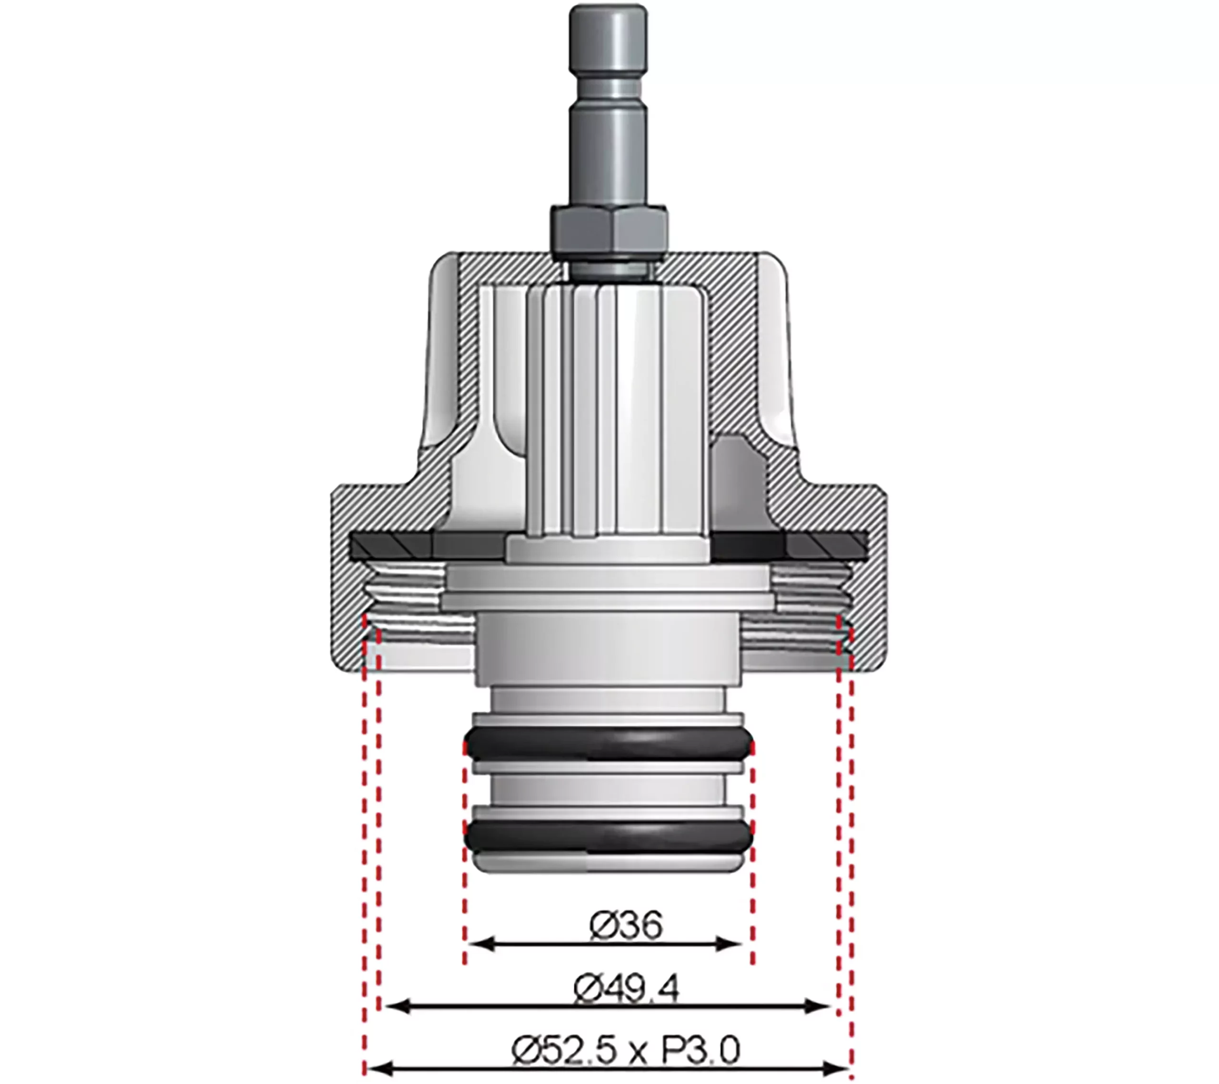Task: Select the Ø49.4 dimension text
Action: tap(626, 990)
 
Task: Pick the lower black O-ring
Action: tap(608, 836)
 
